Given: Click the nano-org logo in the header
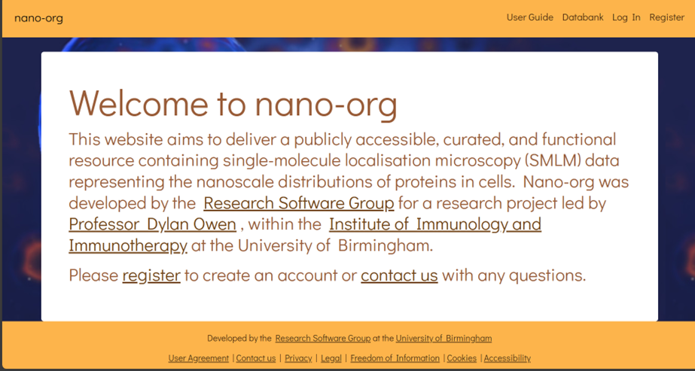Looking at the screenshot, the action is (38, 18).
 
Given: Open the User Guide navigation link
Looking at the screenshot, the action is (529, 17).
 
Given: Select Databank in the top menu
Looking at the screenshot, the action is (583, 17).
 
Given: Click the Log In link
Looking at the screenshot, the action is (626, 18).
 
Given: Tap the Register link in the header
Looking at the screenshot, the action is (666, 18).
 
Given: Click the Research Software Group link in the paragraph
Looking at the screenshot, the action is (299, 203).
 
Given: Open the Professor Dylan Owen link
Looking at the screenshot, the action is (152, 224).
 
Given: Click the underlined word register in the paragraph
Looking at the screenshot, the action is (151, 275).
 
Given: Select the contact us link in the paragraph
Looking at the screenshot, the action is (399, 275).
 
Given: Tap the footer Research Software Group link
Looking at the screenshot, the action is (323, 338).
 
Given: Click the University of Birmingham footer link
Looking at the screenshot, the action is (444, 339).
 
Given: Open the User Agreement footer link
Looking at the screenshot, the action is (199, 358).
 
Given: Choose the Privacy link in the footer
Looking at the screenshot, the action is (298, 358).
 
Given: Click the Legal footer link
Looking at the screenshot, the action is (331, 358).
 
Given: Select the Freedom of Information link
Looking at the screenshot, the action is (395, 358).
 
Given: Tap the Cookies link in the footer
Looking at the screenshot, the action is (462, 358).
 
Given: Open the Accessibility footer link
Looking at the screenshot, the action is (507, 358).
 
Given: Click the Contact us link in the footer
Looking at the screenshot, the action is (256, 358).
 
